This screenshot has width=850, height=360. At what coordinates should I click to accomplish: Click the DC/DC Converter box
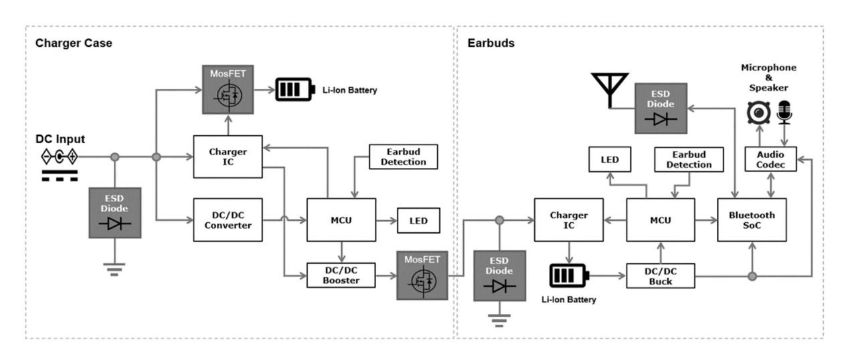228,219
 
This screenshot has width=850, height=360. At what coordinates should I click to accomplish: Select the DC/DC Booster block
341,274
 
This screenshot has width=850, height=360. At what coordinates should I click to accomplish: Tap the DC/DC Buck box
660,276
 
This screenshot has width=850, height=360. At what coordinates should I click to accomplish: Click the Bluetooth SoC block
752,219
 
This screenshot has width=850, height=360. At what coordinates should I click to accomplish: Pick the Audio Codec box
770,159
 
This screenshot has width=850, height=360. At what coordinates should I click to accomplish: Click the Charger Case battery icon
295,89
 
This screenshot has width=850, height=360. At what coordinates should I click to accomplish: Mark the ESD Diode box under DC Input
114,212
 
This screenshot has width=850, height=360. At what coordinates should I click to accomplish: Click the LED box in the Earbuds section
610,159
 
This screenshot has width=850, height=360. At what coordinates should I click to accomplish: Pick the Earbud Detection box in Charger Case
403,156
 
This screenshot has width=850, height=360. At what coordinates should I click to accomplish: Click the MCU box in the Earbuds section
660,219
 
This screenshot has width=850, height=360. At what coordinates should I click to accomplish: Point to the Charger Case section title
74,43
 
